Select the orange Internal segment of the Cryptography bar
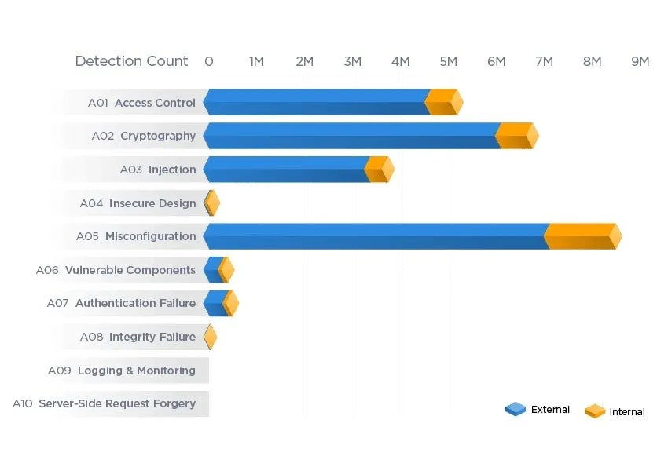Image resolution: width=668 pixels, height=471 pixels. click(x=515, y=136)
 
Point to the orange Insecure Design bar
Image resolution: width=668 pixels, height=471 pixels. click(x=212, y=203)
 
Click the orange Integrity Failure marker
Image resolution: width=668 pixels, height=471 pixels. click(x=210, y=337)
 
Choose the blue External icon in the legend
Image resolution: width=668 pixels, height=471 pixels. click(x=516, y=409)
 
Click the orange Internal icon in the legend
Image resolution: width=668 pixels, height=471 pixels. click(x=595, y=411)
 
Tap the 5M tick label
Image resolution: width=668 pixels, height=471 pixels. click(x=449, y=61)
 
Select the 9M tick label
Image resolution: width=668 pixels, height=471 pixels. click(x=640, y=61)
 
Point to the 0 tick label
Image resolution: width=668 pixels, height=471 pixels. click(x=208, y=61)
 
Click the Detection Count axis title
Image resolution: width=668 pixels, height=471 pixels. click(x=131, y=61)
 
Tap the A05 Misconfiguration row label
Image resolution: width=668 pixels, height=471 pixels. click(x=136, y=236)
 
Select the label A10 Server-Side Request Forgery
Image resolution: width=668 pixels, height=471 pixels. click(x=104, y=403)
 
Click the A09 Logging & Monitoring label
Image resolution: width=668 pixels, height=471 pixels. click(x=121, y=371)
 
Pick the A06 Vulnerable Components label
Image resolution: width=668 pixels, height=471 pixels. click(x=116, y=270)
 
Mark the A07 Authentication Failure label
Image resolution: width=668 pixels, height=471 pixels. click(x=121, y=303)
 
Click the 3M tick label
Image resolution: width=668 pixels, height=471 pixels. click(x=353, y=61)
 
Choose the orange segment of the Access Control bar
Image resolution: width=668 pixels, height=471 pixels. click(x=442, y=102)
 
